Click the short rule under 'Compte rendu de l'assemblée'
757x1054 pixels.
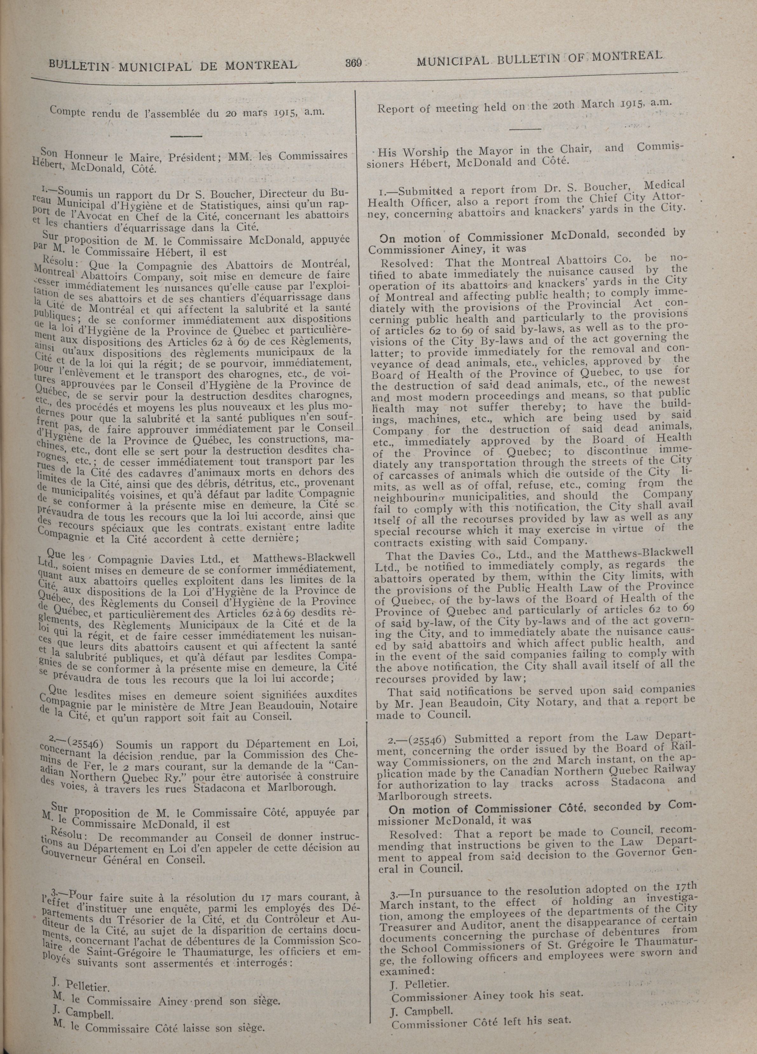(186, 136)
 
